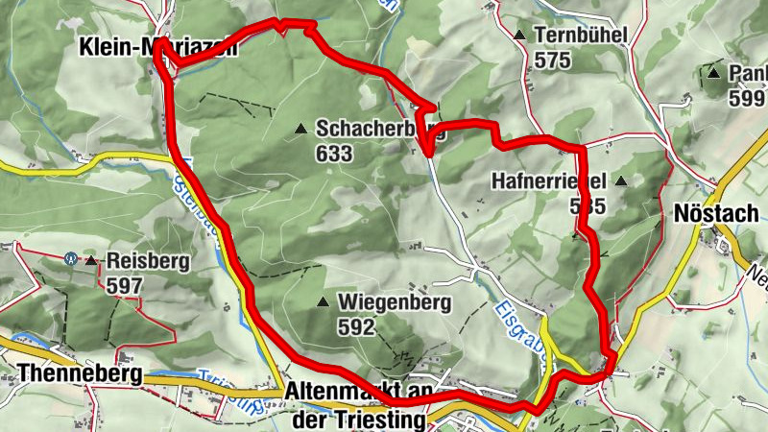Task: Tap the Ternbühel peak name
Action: (x=582, y=36)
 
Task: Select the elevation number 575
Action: (x=554, y=60)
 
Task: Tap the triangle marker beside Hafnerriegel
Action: (x=621, y=180)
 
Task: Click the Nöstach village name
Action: (x=717, y=213)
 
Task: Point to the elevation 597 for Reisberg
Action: (x=125, y=285)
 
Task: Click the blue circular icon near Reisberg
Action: (x=70, y=259)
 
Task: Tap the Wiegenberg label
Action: (x=395, y=302)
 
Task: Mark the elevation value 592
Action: (x=357, y=327)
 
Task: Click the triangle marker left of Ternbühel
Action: (x=519, y=36)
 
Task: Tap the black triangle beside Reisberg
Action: (x=91, y=261)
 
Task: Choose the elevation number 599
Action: (x=746, y=98)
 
